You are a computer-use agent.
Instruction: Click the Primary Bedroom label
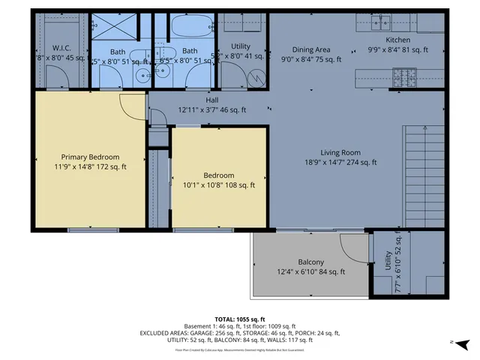click(89, 157)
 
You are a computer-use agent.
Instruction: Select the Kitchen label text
click(397, 40)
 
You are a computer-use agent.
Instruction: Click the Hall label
click(212, 100)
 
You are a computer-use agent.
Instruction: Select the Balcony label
click(310, 262)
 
